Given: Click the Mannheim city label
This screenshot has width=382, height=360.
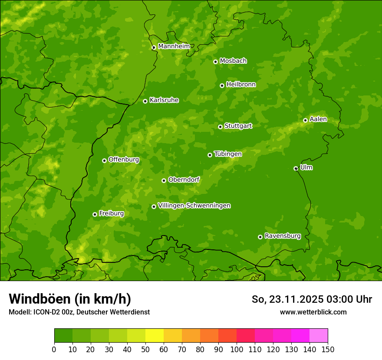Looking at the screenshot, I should (174, 46).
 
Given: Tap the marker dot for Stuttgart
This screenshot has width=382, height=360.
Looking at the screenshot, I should (220, 127).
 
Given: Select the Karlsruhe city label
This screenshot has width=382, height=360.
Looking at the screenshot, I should (164, 100).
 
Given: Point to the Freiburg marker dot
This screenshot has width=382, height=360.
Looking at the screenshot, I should (95, 214).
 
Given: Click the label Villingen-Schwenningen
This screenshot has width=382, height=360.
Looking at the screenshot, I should (194, 206).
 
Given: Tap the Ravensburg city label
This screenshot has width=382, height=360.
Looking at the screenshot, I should (282, 236).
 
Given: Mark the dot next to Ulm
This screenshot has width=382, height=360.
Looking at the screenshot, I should (296, 168).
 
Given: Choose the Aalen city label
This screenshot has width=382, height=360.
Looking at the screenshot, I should (318, 119).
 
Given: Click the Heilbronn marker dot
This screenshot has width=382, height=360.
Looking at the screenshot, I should (222, 85).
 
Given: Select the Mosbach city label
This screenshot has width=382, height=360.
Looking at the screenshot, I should (233, 61).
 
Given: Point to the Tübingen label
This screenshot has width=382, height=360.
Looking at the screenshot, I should (227, 154).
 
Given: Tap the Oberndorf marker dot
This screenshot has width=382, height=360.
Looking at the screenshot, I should (164, 180).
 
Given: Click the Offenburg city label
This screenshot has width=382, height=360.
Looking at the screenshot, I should (123, 160).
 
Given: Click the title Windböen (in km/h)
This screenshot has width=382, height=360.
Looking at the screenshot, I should (70, 299).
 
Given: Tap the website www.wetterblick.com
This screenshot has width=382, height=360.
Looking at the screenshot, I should (313, 312).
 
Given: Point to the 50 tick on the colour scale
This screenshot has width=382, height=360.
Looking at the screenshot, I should (145, 349).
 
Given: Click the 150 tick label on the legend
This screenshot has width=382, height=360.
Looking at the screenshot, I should (328, 349).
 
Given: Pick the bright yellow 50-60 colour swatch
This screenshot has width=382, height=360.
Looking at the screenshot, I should (155, 336).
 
